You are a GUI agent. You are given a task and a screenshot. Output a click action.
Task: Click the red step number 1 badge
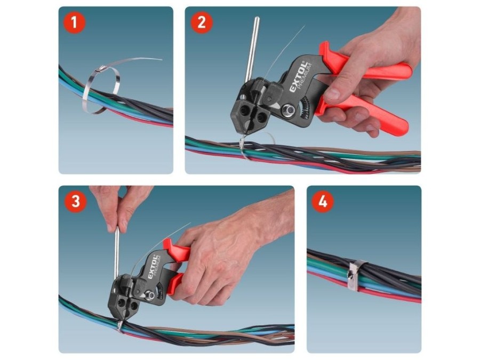coord(74,22)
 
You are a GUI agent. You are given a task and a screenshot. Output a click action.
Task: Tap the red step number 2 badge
coord(202,22)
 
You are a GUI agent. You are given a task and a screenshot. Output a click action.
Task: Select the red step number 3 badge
coord(75,202)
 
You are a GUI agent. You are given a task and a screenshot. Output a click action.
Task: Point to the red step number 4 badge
coord(323,202)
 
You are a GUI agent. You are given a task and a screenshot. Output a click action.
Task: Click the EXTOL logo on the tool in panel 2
coord(298,77)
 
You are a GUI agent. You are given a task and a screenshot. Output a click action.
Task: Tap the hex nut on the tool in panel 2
coord(288,109)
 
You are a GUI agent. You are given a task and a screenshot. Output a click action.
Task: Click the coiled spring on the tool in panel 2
coord(306,109)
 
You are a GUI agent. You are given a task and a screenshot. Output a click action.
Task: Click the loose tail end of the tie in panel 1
coord(161,59)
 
